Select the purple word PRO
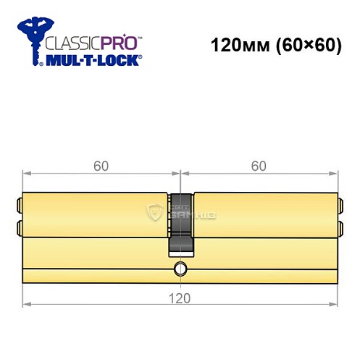pyautogui.click(x=117, y=41)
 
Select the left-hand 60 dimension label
pyautogui.click(x=101, y=166)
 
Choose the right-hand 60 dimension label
pyautogui.click(x=259, y=166)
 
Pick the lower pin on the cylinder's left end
pyautogui.click(x=20, y=230)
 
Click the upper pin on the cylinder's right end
pyautogui.click(x=340, y=203)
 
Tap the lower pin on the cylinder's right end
pyautogui.click(x=340, y=230)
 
